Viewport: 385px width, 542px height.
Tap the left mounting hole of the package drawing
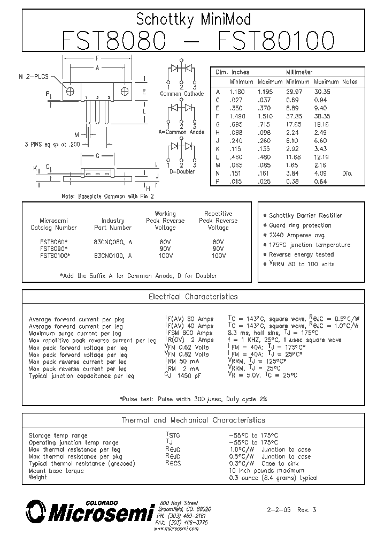[70, 91]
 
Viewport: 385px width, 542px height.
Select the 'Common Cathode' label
[182, 94]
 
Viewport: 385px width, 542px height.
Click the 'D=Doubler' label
[182, 171]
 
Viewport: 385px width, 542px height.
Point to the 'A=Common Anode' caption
[181, 132]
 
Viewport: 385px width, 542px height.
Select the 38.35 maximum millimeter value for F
[326, 116]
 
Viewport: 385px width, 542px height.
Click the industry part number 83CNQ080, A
[113, 242]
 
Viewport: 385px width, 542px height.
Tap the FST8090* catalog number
[53, 249]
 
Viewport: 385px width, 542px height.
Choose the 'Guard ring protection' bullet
[300, 225]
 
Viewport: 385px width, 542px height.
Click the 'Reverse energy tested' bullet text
[301, 254]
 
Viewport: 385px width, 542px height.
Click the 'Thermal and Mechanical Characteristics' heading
[193, 420]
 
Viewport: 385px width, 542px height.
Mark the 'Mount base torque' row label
[56, 471]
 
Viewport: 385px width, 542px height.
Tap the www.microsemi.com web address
[176, 529]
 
